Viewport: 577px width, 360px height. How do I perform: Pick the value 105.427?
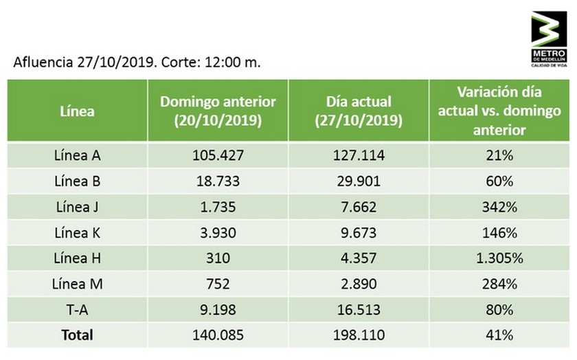pyautogui.click(x=218, y=155)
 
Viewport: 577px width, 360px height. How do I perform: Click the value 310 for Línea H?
pyautogui.click(x=218, y=258)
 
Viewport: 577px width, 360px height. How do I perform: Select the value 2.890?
pyautogui.click(x=359, y=284)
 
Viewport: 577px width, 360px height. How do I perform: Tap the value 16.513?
pyautogui.click(x=359, y=310)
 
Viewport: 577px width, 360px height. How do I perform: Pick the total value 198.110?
pyautogui.click(x=359, y=335)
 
